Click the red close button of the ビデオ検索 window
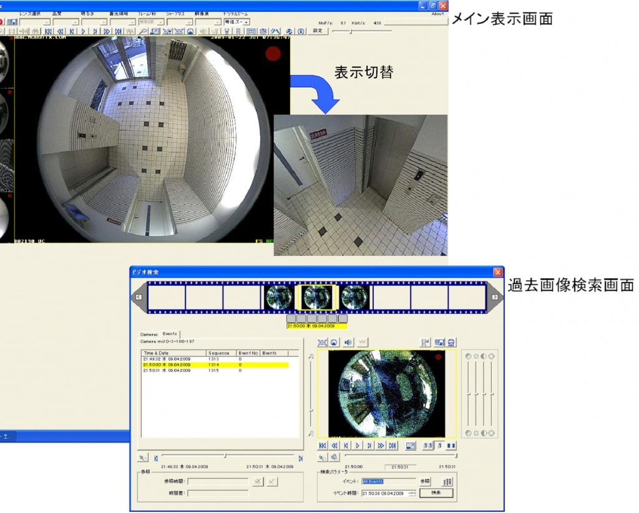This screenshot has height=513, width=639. [498, 272]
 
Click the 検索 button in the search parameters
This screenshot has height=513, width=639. [436, 493]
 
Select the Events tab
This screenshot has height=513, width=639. [170, 335]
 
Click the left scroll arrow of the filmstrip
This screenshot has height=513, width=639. [139, 297]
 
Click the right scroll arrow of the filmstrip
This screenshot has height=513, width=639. [494, 297]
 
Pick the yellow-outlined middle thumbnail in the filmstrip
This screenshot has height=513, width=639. [318, 298]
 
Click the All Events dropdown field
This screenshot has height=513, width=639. [388, 481]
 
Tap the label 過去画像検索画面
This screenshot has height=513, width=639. [570, 285]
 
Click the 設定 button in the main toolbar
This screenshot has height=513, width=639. [318, 30]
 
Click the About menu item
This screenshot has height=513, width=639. [438, 13]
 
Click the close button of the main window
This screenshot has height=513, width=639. [443, 4]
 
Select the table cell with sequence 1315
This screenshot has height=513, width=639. [219, 370]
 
